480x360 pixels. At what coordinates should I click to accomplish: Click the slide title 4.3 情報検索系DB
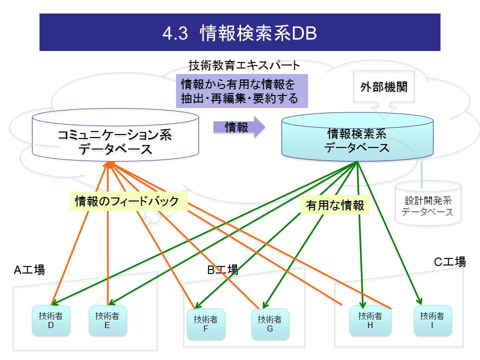coord(239,32)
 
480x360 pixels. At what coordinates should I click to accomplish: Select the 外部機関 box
coord(384,86)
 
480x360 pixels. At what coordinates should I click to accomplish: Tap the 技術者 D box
coord(50,320)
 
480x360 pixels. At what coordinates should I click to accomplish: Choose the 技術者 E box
coord(107,320)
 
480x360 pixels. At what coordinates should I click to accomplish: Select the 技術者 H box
coord(370,320)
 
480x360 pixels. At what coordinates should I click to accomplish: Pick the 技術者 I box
coord(432,320)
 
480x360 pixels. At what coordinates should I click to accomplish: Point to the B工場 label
coord(222,270)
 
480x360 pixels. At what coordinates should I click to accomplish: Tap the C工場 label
coord(449,261)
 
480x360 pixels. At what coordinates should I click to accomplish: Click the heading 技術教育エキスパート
coord(244,65)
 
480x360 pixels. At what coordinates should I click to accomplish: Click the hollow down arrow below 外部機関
coord(384,108)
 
